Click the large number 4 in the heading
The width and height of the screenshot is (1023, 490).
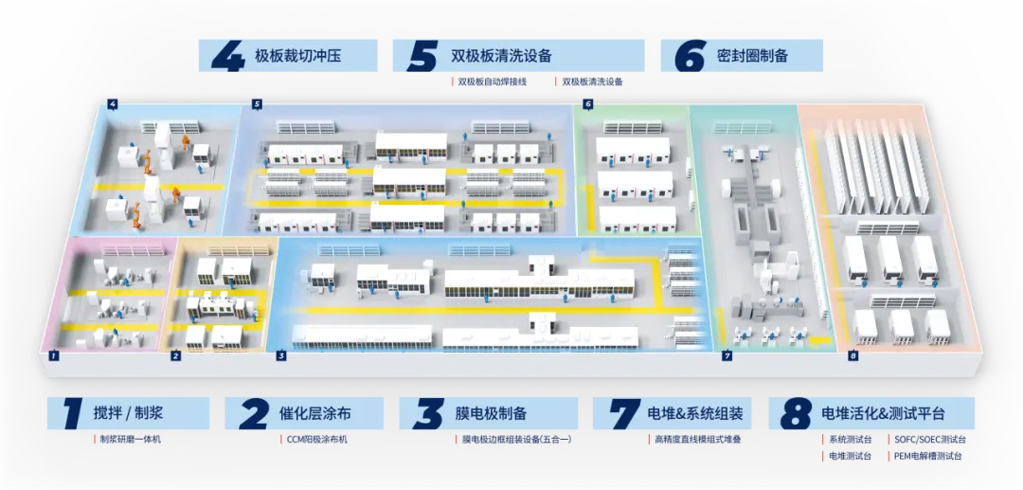[228, 55]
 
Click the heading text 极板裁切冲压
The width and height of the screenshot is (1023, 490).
[297, 56]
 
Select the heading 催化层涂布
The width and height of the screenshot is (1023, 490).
[316, 413]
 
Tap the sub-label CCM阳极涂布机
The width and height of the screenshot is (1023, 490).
[316, 440]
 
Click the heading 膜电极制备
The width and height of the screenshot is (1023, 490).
[492, 413]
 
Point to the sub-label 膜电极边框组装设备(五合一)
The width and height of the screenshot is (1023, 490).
[516, 440]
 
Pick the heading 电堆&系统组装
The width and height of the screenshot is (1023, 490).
[694, 413]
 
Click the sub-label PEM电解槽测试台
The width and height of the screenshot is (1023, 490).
[927, 456]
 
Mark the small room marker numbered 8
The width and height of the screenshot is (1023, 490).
[852, 356]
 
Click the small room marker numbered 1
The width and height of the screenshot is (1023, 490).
[55, 356]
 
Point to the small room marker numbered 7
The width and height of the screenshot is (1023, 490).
[727, 356]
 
